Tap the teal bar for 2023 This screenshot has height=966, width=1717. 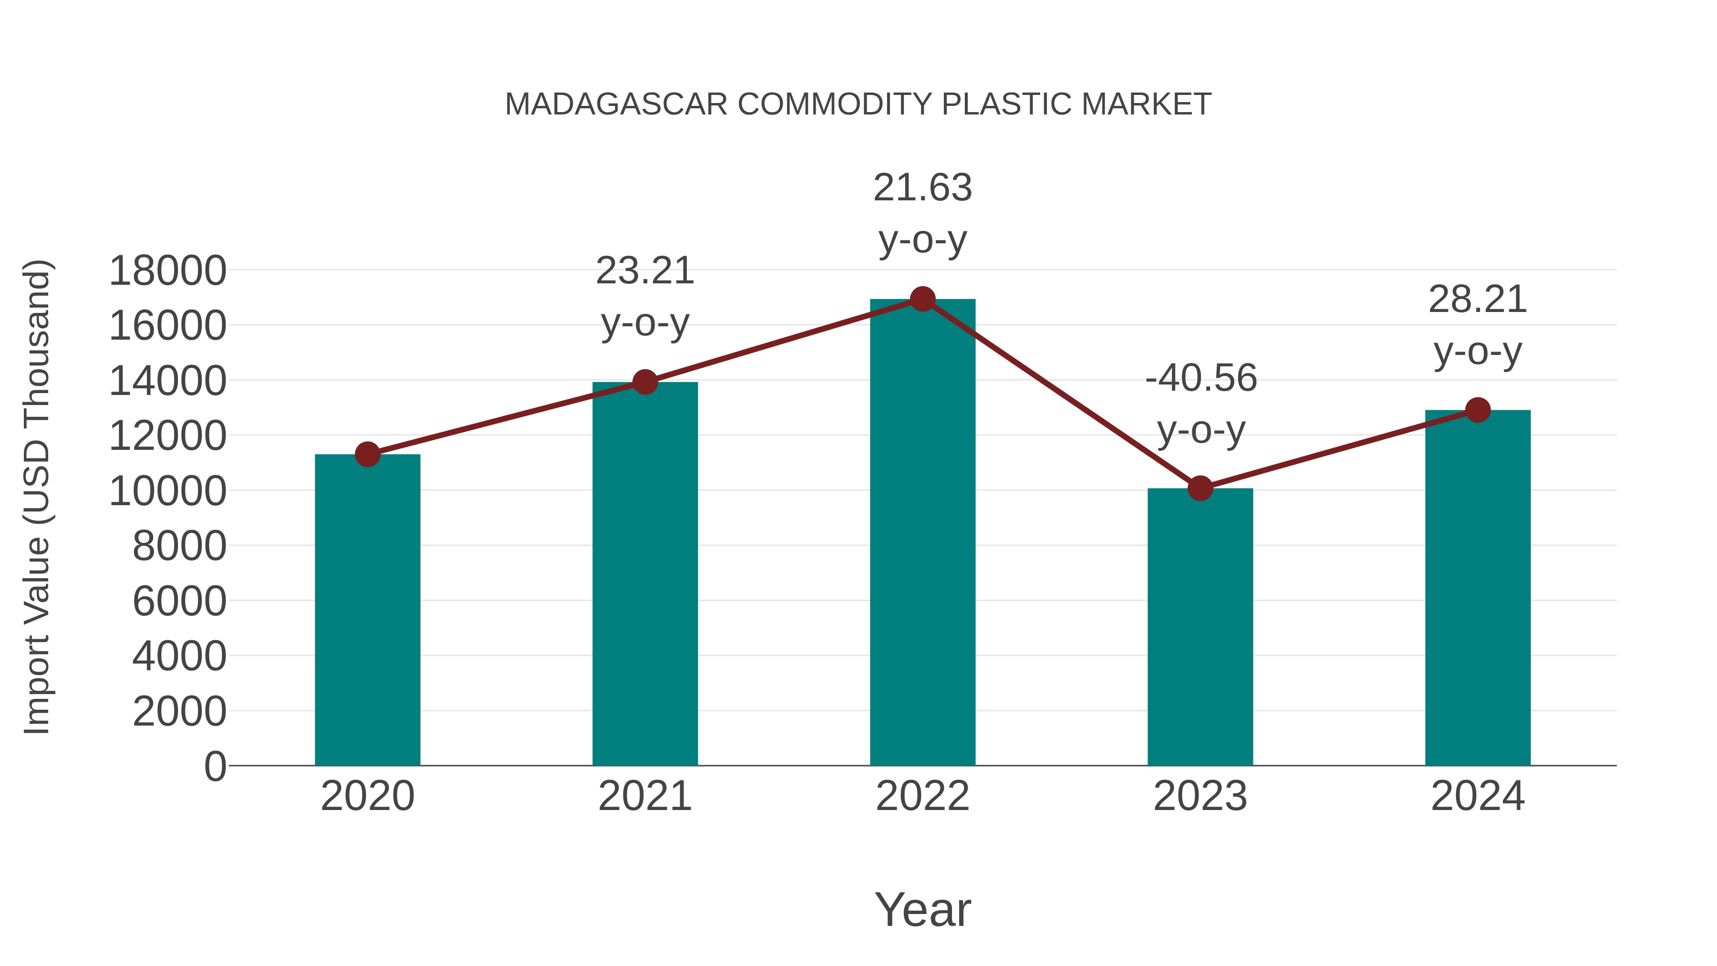pyautogui.click(x=1200, y=627)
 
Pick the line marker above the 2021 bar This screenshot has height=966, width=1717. pyautogui.click(x=644, y=382)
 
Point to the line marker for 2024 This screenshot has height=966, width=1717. pyautogui.click(x=1478, y=410)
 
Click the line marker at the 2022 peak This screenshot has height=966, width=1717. pyautogui.click(x=922, y=299)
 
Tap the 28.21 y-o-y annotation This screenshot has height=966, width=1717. pyautogui.click(x=1478, y=325)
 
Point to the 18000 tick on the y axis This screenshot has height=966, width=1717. pyautogui.click(x=167, y=271)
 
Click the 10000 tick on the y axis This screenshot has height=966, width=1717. pyautogui.click(x=167, y=491)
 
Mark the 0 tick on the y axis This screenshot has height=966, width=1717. pyautogui.click(x=215, y=766)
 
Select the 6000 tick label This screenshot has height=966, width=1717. pyautogui.click(x=179, y=602)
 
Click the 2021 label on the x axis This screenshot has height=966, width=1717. pyautogui.click(x=644, y=796)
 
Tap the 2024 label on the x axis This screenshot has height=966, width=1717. pyautogui.click(x=1478, y=796)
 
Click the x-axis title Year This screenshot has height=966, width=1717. pyautogui.click(x=922, y=909)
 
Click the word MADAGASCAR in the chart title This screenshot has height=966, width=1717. pyautogui.click(x=616, y=104)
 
